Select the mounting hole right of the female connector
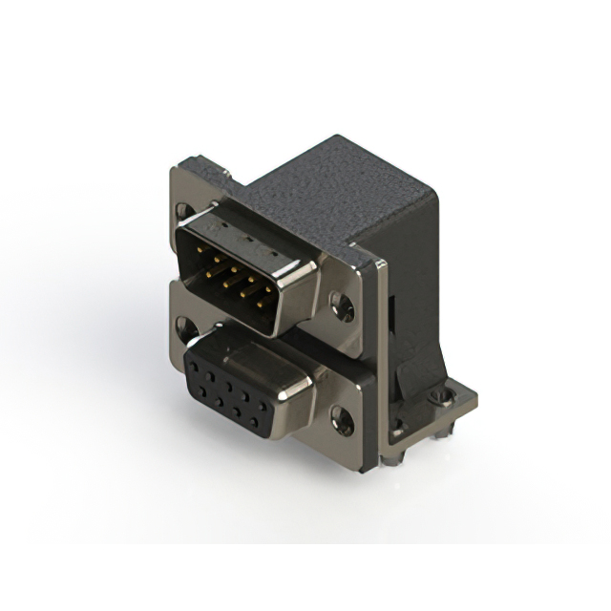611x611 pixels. pyautogui.click(x=341, y=417)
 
